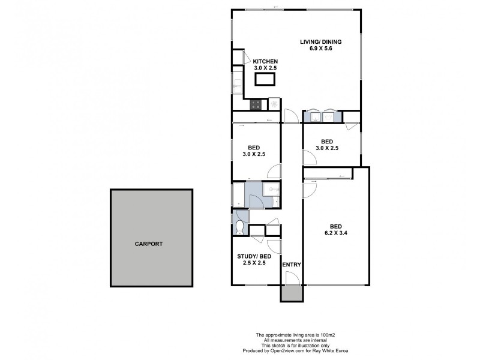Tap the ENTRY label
pos(292,265)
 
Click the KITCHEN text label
pos(265,62)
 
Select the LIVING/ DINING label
pos(321,41)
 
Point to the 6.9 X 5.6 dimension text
pos(321,49)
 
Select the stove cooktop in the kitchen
pos(256,104)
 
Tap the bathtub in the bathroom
pos(238,195)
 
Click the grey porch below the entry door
pos(292,293)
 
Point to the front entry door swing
pos(292,278)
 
